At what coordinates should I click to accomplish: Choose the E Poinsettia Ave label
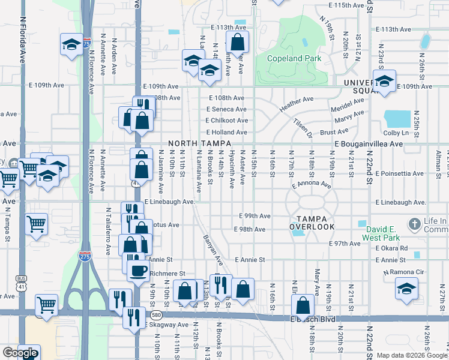coord(402,173)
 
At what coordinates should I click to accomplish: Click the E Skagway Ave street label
coord(166,325)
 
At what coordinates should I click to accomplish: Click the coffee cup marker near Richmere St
coord(138,269)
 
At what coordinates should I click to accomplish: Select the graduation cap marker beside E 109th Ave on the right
coord(384,82)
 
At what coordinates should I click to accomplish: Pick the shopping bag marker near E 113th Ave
coord(238,43)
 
